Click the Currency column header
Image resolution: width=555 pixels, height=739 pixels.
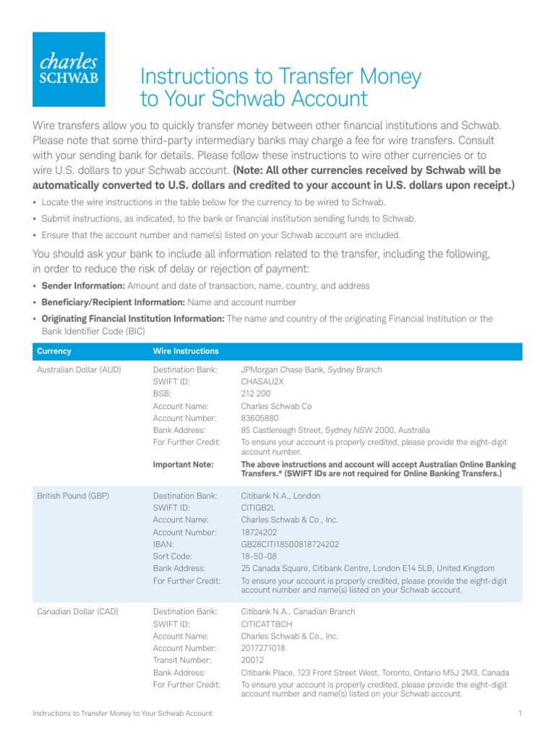pos(54,351)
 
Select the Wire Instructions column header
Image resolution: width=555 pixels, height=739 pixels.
pos(186,351)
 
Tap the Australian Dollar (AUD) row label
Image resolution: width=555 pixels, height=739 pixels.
pos(79,370)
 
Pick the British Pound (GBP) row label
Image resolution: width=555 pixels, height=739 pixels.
pos(74,496)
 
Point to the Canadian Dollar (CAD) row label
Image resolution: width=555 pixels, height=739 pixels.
pos(77,612)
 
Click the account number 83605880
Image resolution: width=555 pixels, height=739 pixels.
pos(259,418)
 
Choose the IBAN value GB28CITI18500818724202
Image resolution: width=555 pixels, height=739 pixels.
pos(290,544)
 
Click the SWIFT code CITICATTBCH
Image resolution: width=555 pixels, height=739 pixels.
pos(267,624)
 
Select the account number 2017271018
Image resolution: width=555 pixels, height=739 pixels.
pos(263,648)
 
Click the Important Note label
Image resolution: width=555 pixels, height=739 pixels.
pos(183,464)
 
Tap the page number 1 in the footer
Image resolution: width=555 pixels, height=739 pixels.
pos(520,714)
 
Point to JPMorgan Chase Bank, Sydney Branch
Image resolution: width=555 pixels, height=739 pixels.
pos(311,370)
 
